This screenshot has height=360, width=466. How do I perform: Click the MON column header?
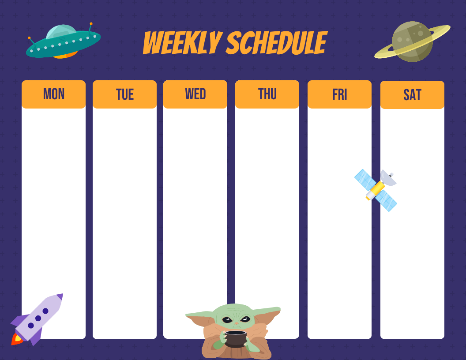[53, 94]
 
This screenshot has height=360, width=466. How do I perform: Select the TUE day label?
[124, 94]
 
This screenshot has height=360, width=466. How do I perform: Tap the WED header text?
[195, 94]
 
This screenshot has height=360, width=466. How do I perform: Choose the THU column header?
[267, 94]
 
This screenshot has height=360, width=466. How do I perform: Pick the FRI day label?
[339, 94]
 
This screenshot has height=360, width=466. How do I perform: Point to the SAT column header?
[412, 95]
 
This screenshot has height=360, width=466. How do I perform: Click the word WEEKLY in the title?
[182, 44]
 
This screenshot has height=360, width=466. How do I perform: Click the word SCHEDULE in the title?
[276, 44]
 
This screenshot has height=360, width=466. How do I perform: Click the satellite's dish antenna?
[388, 177]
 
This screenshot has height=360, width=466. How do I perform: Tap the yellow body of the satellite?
[377, 189]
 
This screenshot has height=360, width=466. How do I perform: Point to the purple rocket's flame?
[17, 339]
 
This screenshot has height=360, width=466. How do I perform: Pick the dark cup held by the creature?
[235, 338]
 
